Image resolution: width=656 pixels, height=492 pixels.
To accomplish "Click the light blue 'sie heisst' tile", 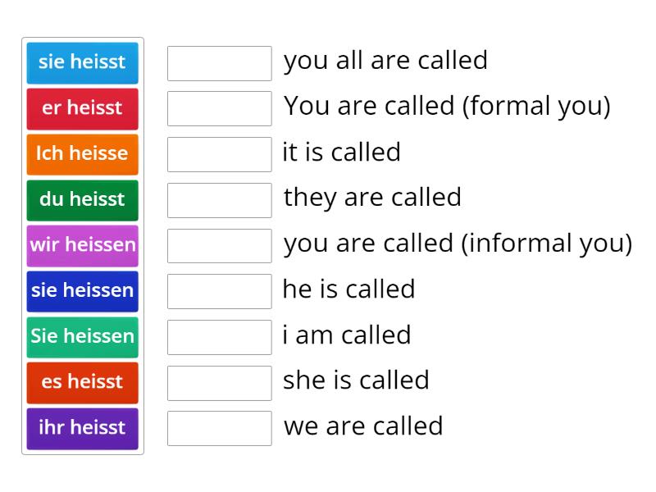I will pos(82,62).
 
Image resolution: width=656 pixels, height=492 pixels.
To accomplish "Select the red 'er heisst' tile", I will pos(82,108).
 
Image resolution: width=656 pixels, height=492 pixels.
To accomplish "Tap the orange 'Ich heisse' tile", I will pos(82,153).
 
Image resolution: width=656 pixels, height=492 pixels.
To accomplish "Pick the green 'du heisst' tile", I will pos(82,199).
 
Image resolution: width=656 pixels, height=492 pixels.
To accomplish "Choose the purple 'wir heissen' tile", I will pos(82,245).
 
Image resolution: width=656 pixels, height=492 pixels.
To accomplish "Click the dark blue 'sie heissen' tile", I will pos(82,290).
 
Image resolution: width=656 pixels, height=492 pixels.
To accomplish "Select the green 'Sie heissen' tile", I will pos(82,336).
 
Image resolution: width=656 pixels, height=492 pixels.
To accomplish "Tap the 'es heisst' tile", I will pos(82,382).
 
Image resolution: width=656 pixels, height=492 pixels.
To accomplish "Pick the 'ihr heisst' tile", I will pos(82,428).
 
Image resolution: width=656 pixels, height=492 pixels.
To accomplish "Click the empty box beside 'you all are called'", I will pos(219,63).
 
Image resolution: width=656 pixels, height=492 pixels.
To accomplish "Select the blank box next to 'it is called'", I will pos(219,154).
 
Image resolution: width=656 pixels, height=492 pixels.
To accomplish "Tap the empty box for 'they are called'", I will pos(219,200).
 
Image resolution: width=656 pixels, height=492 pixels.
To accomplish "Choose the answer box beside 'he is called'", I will pos(219,291).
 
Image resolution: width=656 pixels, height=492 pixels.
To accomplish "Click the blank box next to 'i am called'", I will pos(219,337).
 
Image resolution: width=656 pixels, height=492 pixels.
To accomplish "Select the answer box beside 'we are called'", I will pos(219,428).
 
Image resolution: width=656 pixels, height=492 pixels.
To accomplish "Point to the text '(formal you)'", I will pos(536,107).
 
